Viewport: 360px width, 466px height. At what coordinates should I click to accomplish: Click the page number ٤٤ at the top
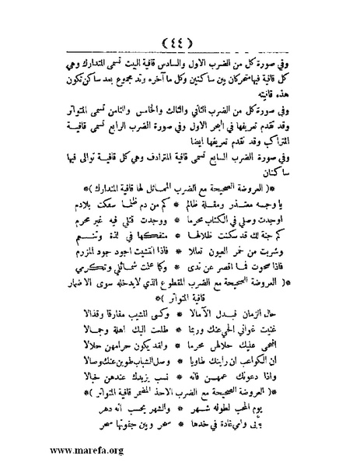coord(180,41)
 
